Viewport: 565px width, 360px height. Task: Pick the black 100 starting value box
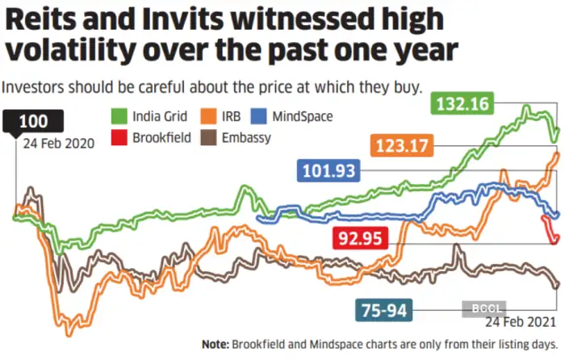34,122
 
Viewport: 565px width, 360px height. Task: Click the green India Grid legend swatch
119,116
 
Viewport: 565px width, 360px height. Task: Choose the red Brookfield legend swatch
119,137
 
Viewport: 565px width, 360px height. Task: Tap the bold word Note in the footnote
217,345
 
